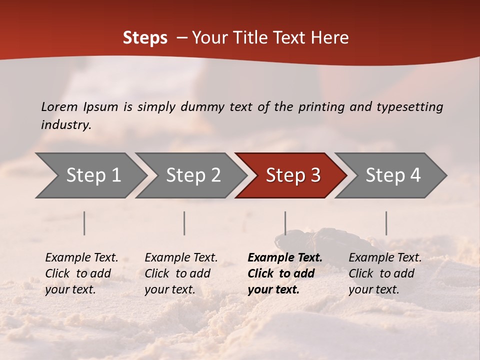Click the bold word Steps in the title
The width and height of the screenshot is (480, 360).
tap(145, 38)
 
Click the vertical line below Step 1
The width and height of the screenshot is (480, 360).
tap(84, 223)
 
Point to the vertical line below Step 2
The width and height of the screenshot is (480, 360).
tap(184, 223)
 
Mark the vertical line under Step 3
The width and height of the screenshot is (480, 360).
tap(285, 223)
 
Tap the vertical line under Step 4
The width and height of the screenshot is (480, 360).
tap(386, 223)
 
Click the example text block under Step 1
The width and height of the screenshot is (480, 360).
tap(81, 273)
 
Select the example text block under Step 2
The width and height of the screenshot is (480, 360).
tap(181, 273)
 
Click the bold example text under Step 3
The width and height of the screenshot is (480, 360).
tap(285, 273)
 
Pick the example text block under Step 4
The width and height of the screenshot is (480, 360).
tap(385, 273)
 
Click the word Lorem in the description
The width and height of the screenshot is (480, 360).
tap(59, 106)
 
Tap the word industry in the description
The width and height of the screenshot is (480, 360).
tap(66, 125)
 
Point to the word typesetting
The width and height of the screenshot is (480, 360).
tap(409, 107)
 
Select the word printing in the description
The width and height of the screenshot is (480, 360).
tap(321, 107)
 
